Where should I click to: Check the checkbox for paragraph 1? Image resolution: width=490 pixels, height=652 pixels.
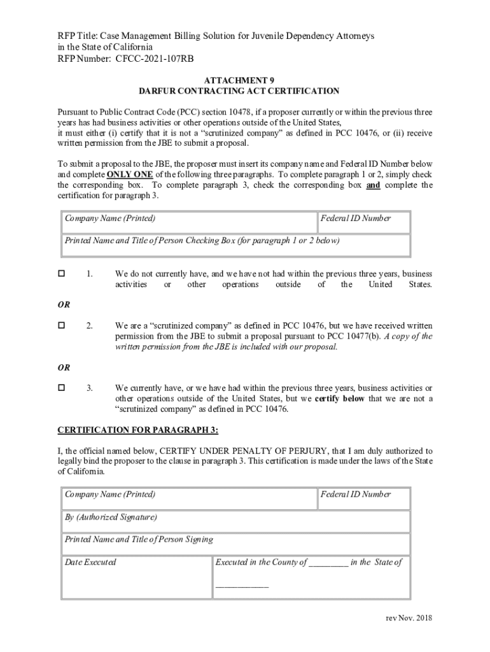62,274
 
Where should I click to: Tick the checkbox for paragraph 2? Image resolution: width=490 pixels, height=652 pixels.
62,325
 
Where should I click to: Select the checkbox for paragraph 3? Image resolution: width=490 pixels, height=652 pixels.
62,388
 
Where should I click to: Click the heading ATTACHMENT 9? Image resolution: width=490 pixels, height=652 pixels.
240,80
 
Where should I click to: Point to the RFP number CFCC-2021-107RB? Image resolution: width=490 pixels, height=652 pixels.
155,59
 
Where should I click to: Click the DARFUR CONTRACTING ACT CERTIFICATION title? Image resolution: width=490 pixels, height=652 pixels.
239,92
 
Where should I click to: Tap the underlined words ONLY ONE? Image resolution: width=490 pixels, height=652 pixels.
130,174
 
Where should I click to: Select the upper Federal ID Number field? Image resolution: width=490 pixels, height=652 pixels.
363,223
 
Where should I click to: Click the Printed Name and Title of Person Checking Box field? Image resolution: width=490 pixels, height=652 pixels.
235,245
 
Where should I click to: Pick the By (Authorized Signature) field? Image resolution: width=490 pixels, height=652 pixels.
235,521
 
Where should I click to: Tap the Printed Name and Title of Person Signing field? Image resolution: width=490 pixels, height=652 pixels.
235,544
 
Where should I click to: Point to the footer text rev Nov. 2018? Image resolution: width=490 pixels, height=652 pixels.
409,619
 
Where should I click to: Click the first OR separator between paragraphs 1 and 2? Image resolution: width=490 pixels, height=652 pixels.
64,305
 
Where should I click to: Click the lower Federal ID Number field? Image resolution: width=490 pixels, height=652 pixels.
363,499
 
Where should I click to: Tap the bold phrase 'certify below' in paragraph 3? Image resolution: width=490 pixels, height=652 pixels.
341,399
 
